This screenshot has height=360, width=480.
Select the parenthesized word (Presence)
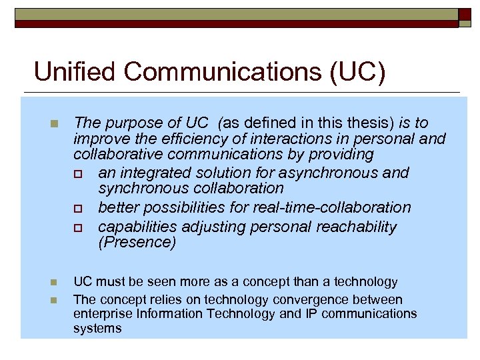[x=137, y=243]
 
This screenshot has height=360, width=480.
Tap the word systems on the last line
[x=97, y=329]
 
